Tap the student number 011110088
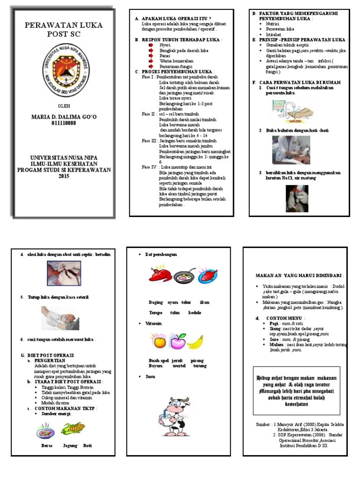pos(63,123)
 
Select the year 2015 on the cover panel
pos(64,176)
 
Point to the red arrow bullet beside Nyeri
pos(151,45)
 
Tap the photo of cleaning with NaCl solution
pos(296,198)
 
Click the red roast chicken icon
pos(160,276)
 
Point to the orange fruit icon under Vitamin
pos(156,341)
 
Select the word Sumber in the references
pos(263,424)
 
